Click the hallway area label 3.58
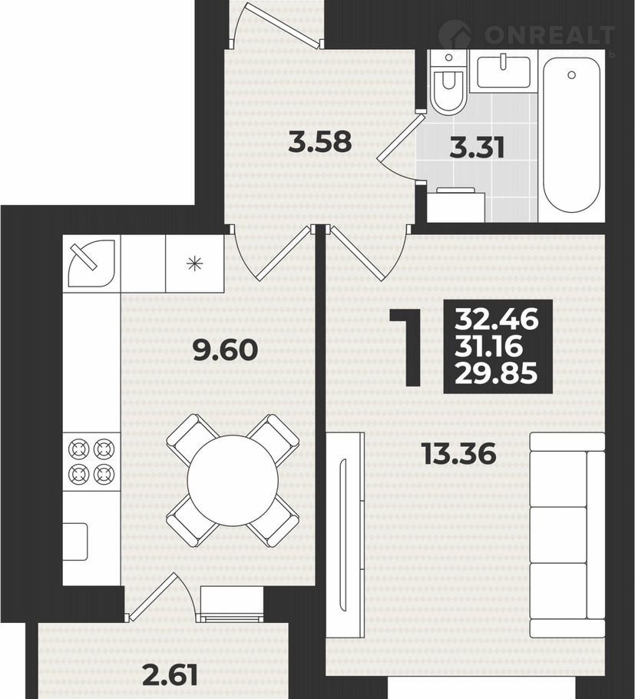[x=320, y=143]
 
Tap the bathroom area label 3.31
[x=477, y=147]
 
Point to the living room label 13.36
[x=459, y=454]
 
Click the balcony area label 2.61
[x=170, y=676]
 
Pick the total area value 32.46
[x=497, y=320]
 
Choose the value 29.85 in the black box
[x=496, y=373]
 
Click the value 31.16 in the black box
[x=488, y=346]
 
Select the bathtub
[x=571, y=135]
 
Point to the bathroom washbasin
[x=504, y=71]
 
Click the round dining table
[x=233, y=480]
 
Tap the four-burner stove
[x=91, y=462]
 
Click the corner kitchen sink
[x=91, y=263]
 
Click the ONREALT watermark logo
[x=527, y=35]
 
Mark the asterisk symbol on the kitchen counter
[x=194, y=263]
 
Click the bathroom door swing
[x=400, y=147]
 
